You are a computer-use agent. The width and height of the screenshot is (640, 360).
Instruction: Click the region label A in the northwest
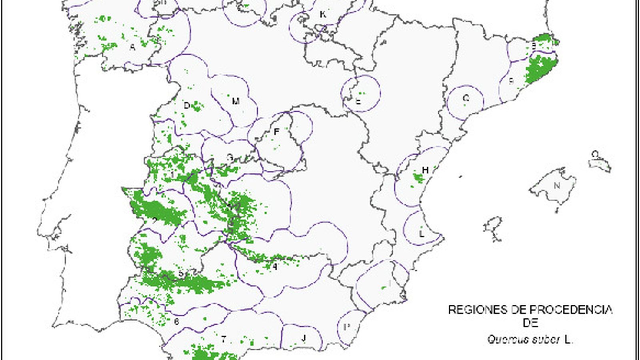[x=132, y=47]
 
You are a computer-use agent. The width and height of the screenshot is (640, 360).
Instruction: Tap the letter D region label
[x=186, y=106]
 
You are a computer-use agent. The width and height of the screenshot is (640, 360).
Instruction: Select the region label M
[x=236, y=101]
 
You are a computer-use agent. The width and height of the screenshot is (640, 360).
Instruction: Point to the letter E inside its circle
[x=358, y=101]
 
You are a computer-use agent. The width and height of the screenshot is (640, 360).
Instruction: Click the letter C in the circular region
[x=466, y=98]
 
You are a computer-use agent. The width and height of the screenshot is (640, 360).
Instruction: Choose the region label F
[x=276, y=132]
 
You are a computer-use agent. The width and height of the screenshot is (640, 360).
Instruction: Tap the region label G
[x=230, y=158]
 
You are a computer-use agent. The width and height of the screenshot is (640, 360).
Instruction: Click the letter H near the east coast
[x=425, y=170]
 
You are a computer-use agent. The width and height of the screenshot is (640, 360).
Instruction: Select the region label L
[x=422, y=234]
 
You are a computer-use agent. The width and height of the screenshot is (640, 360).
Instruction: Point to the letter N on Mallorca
[x=557, y=186]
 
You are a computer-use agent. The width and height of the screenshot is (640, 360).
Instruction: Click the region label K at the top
[x=322, y=15]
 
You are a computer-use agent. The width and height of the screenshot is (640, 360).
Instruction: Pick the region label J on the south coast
[x=304, y=338]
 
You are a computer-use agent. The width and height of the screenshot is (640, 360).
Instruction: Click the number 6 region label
[x=176, y=321]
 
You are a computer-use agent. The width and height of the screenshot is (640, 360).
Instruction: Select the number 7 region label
[x=224, y=340]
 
